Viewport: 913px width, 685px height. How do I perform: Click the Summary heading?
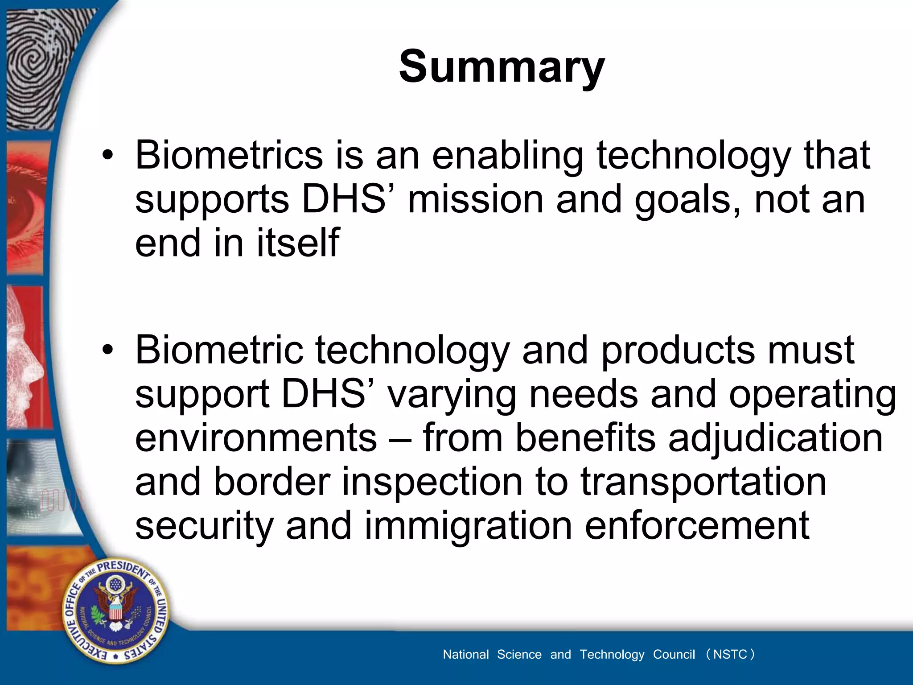[x=502, y=67]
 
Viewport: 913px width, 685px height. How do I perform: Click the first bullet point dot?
[x=107, y=156]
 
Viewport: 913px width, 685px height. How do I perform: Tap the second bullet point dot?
[x=107, y=351]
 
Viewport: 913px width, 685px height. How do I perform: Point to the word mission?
[x=475, y=199]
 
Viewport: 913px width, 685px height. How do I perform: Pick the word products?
[x=678, y=350]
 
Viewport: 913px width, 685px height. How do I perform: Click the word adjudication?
[x=775, y=438]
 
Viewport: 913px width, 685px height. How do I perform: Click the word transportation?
[x=703, y=482]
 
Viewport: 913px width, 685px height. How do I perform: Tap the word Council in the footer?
[x=674, y=654]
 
